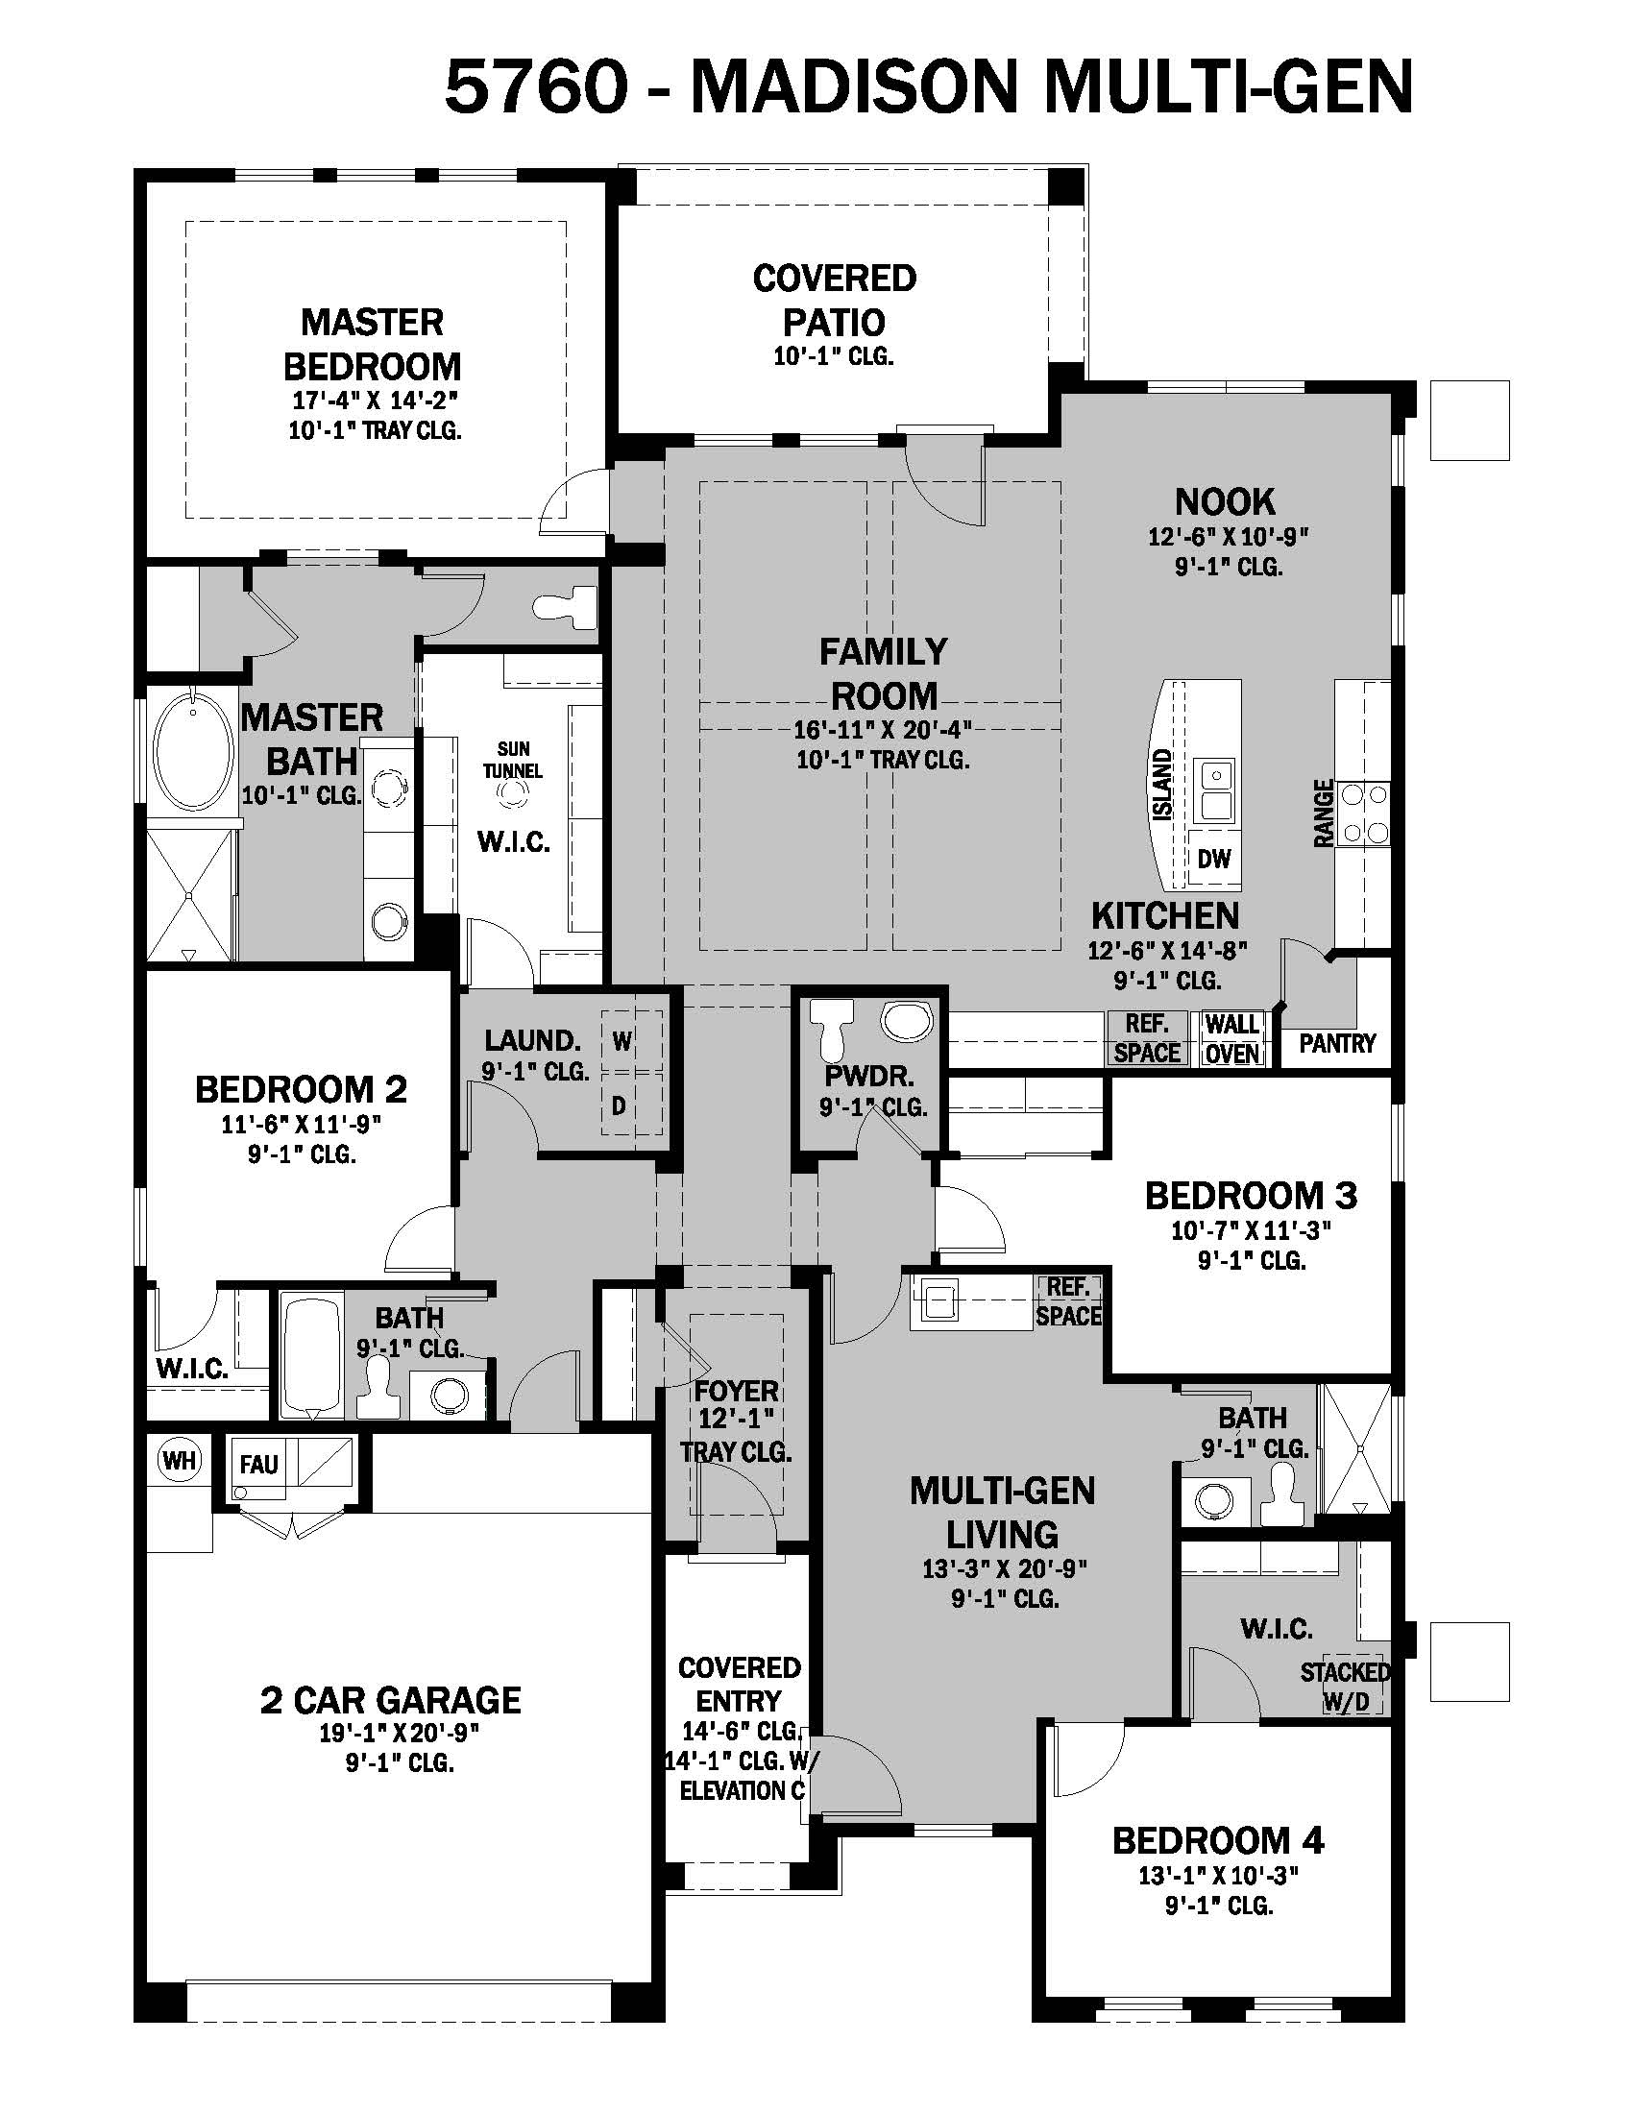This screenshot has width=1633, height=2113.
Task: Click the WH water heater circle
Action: [x=179, y=1460]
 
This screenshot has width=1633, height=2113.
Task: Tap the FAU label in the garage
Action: [x=258, y=1465]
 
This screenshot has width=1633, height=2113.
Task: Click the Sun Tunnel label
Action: [x=513, y=760]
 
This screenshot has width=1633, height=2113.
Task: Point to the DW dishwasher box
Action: [x=1213, y=858]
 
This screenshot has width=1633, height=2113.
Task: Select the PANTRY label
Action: [x=1337, y=1043]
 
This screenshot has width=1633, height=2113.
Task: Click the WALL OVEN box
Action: [x=1231, y=1039]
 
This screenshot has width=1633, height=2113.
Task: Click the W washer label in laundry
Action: [x=622, y=1041]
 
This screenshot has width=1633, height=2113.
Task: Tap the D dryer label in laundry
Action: [x=620, y=1105]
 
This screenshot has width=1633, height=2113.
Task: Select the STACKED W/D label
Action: [x=1345, y=1687]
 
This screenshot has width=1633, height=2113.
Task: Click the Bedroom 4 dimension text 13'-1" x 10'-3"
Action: [x=1217, y=1876]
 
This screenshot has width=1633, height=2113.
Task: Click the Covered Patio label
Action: [x=834, y=300]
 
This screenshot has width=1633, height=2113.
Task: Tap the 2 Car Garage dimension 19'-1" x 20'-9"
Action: [x=400, y=1733]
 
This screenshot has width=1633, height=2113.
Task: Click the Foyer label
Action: [x=736, y=1392]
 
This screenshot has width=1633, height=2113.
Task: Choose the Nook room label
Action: [x=1225, y=501]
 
